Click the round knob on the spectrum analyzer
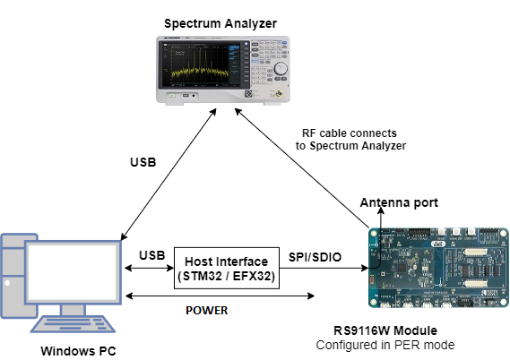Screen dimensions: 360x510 tap(281, 67)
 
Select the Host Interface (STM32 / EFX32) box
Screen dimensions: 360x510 tap(228, 268)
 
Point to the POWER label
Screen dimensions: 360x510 tap(207, 310)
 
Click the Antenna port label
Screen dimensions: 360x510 tap(399, 203)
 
